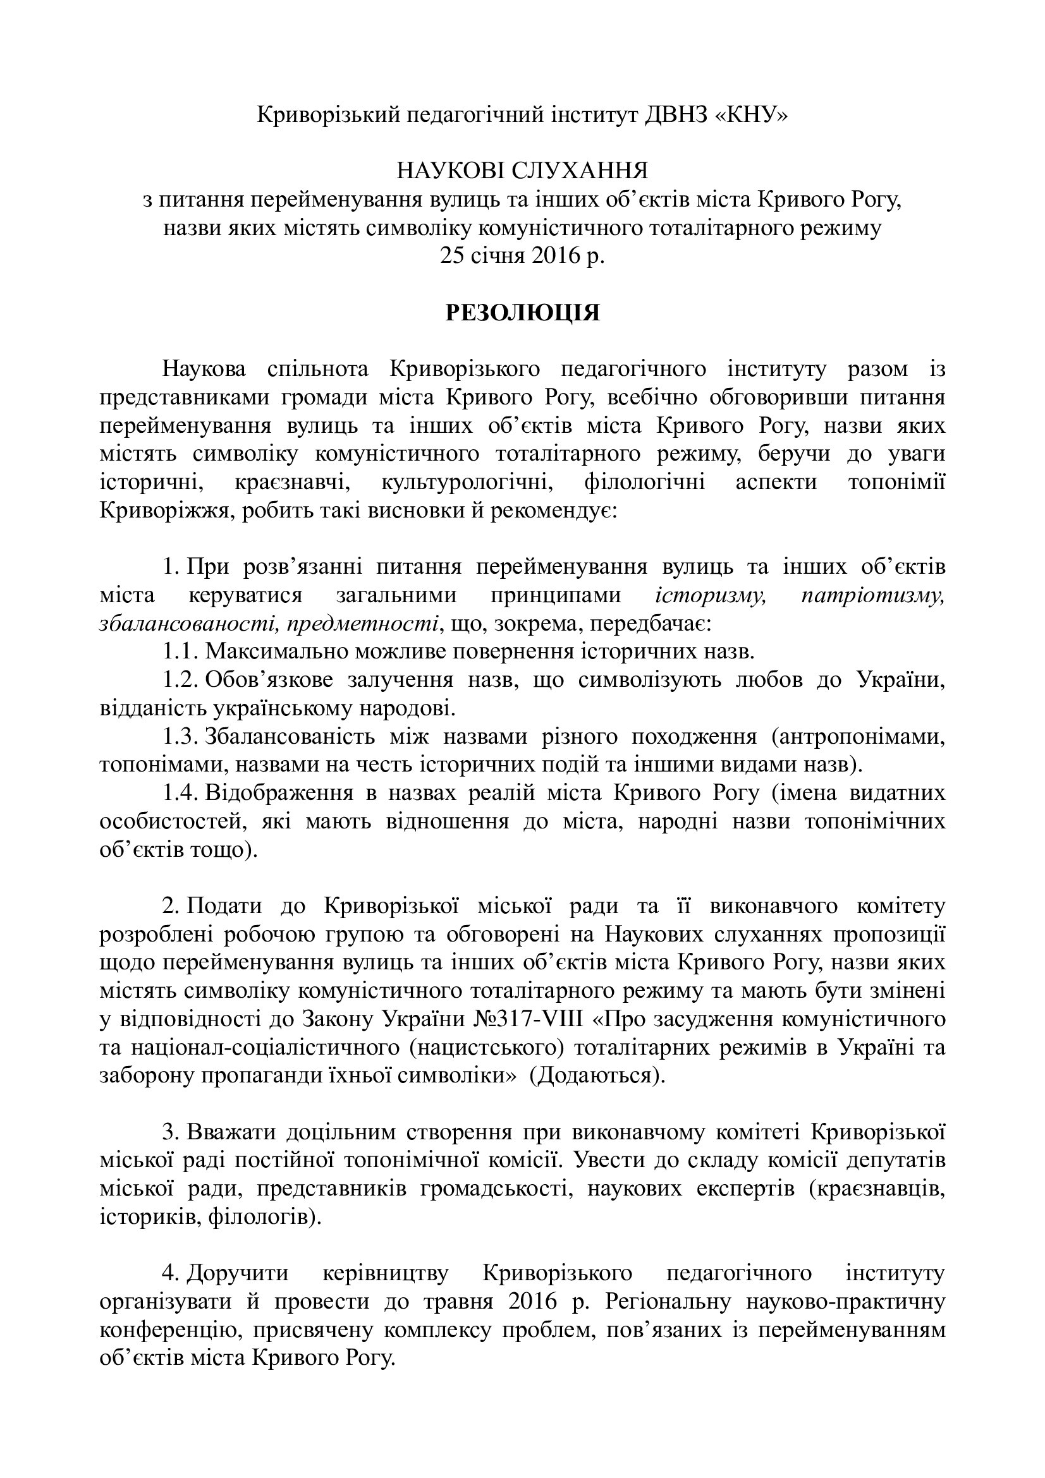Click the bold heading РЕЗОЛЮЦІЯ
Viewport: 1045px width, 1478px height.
[x=522, y=313]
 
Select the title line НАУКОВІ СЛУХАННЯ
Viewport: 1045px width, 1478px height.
[x=522, y=171]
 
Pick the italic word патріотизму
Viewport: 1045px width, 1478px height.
[x=872, y=595]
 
